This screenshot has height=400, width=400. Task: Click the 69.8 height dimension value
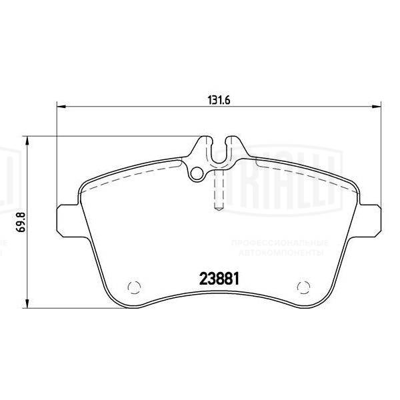click(x=21, y=221)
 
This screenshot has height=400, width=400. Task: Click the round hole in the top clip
click(x=197, y=174)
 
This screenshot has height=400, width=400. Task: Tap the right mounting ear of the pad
click(x=369, y=216)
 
